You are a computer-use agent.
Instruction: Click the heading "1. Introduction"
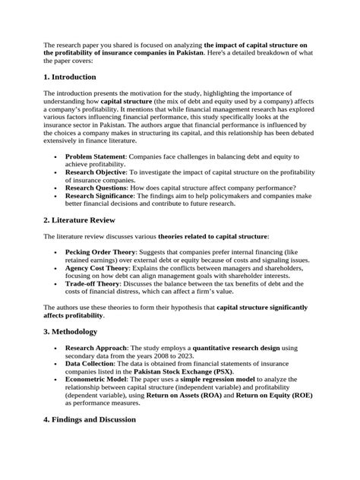[x=70, y=77]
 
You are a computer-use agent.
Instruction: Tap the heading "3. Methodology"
[x=75, y=331]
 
